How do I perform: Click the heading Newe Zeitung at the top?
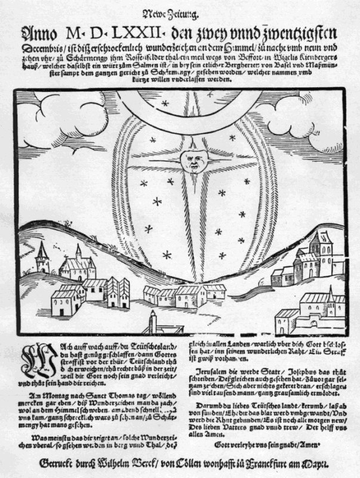click(x=180, y=13)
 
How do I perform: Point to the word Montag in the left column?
click(x=48, y=395)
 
